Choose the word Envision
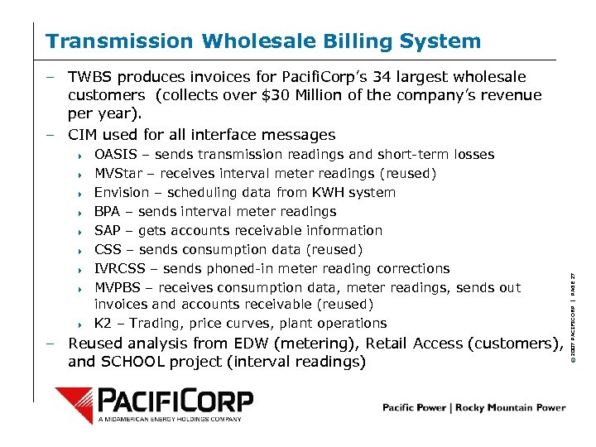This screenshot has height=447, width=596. click(122, 193)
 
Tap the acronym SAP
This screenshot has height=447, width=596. click(108, 231)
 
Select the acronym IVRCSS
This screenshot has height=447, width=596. click(123, 269)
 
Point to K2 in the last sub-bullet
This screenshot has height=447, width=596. click(103, 324)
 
